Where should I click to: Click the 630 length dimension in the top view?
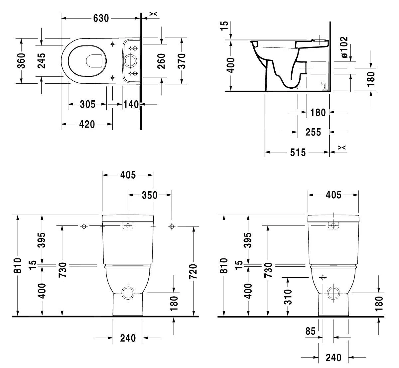tap(100, 18)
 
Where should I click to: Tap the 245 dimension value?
tap(41, 60)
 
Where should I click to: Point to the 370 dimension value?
tap(182, 61)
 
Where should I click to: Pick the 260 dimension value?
tap(162, 61)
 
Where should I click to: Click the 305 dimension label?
tap(87, 104)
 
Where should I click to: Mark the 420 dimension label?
tap(87, 124)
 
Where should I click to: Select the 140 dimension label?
tap(131, 104)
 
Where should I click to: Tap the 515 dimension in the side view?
tap(298, 152)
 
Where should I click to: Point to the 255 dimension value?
tap(313, 132)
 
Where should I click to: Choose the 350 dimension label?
tap(150, 195)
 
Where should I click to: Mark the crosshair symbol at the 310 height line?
tap(322, 277)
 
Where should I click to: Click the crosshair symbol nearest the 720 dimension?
tap(172, 227)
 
